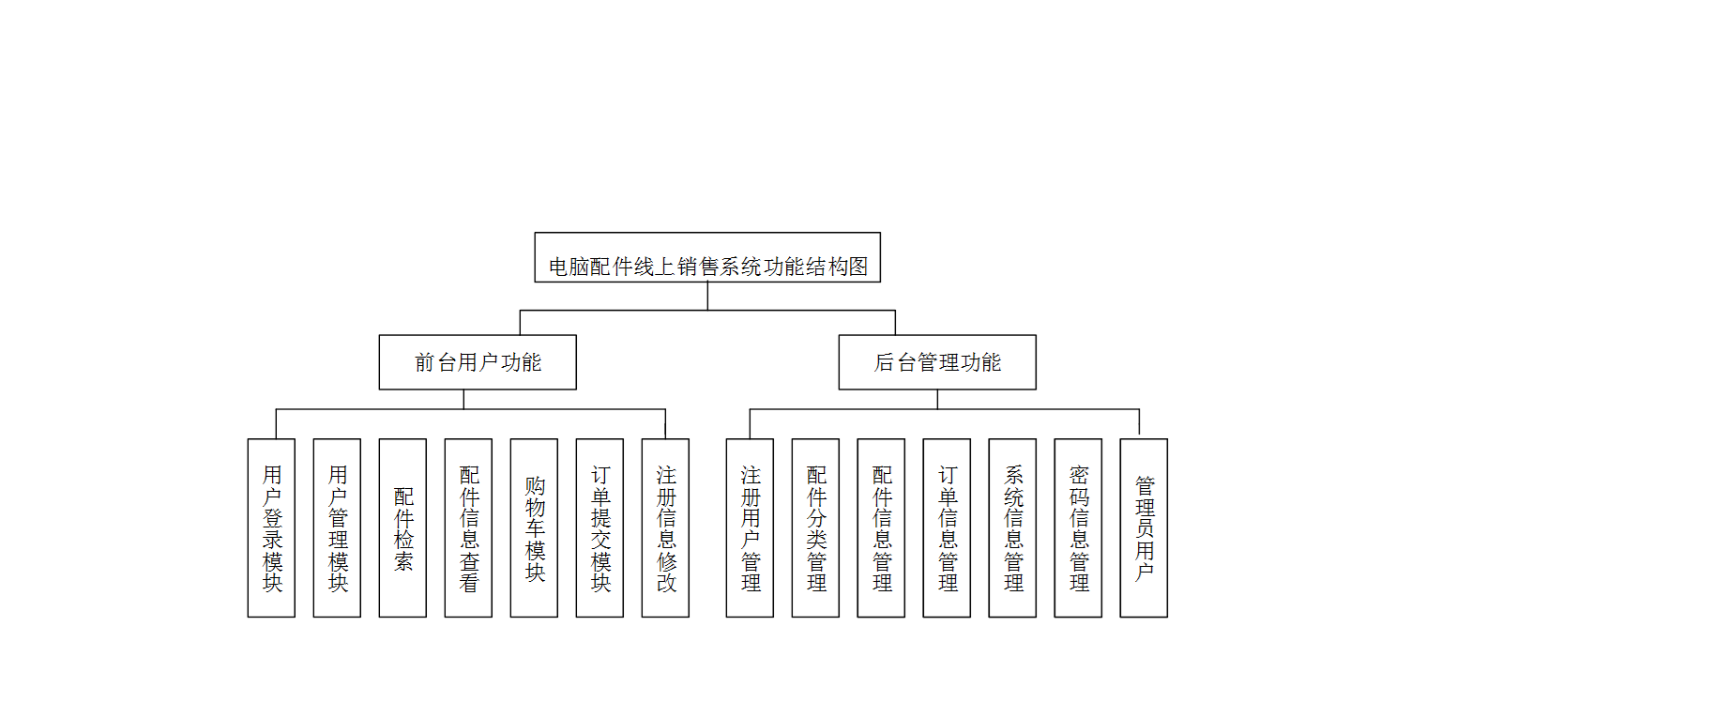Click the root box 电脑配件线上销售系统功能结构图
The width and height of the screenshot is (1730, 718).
point(707,257)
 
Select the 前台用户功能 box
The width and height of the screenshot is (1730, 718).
point(478,362)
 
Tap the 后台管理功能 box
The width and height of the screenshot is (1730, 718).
point(937,362)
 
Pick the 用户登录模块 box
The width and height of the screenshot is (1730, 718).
point(271,527)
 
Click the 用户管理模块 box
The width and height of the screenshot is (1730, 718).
point(337,527)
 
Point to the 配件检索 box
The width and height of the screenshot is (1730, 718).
point(402,527)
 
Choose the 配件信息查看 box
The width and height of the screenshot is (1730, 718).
point(468,527)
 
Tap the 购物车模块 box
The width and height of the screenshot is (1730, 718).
point(534,527)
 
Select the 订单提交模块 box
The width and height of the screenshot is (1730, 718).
point(599,527)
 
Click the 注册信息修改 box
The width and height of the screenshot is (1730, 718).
point(665,527)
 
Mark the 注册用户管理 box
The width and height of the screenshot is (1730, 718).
point(750,527)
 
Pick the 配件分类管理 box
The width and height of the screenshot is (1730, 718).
point(815,527)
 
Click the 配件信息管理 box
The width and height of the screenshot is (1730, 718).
point(881,527)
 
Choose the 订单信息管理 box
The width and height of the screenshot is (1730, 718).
point(947,527)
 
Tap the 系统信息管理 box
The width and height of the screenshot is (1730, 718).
point(1012,527)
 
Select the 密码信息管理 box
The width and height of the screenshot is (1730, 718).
point(1078,527)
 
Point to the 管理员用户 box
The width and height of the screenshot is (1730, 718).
point(1144,527)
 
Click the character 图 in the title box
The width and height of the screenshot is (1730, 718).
point(857,267)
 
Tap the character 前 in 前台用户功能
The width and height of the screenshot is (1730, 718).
point(425,362)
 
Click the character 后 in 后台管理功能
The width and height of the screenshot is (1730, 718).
point(884,362)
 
